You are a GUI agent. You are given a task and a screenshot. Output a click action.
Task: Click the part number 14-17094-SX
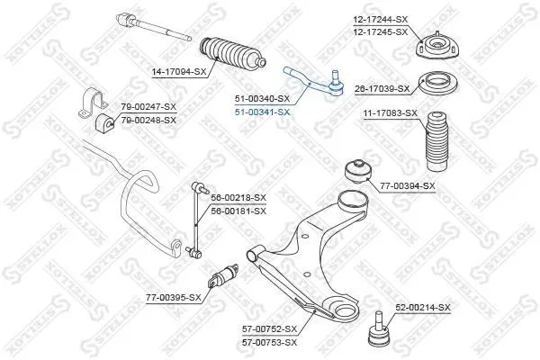(x=179, y=72)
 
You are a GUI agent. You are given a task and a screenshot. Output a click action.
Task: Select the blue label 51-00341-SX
(x=263, y=112)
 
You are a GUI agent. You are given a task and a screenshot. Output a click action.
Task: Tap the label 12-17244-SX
(x=380, y=19)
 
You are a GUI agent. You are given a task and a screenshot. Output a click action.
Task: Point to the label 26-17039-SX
(x=382, y=89)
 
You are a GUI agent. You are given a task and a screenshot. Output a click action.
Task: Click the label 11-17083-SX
(x=391, y=113)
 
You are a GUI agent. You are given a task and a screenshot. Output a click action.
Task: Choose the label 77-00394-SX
(x=408, y=186)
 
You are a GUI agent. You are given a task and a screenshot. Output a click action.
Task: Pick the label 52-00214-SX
(x=423, y=307)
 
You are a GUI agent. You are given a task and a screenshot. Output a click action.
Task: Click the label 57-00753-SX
(x=269, y=342)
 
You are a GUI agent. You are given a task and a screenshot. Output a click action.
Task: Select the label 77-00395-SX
(x=174, y=297)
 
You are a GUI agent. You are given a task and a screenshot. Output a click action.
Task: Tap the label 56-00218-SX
(x=238, y=198)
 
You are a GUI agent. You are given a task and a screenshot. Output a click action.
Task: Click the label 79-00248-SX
(x=148, y=121)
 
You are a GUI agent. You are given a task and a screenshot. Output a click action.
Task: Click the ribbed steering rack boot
(x=233, y=53)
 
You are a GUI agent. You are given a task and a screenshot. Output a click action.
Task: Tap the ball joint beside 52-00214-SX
(x=379, y=328)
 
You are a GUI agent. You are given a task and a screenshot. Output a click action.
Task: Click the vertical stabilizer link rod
(x=195, y=220)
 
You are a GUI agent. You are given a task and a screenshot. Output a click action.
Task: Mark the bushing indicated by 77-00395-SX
(x=223, y=275)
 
